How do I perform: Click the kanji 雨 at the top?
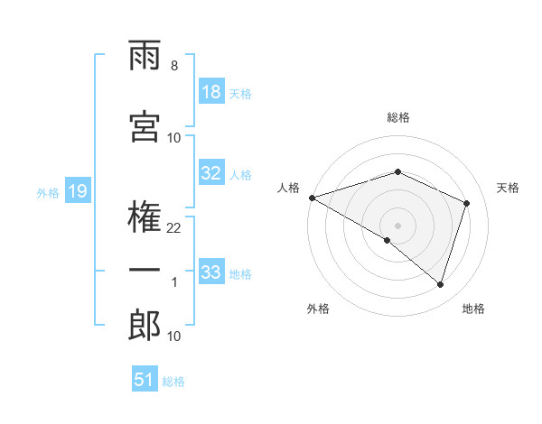(145, 57)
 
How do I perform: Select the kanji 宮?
(145, 125)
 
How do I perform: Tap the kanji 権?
(145, 216)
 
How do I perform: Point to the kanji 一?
(145, 272)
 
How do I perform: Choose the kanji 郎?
(145, 326)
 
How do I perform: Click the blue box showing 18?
(210, 93)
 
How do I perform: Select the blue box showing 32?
(210, 174)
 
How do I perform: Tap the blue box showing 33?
(210, 273)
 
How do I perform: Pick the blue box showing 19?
(77, 191)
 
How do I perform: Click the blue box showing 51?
(145, 380)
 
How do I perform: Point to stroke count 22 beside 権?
(174, 228)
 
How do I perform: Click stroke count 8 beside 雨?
(173, 66)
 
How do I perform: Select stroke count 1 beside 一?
(174, 283)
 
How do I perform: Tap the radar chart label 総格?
(398, 117)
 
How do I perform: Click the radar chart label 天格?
(508, 188)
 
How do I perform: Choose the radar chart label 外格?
(318, 309)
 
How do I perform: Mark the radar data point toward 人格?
(312, 198)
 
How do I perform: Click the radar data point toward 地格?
(440, 285)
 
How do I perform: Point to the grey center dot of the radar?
(397, 225)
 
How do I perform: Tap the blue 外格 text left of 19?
(48, 192)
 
